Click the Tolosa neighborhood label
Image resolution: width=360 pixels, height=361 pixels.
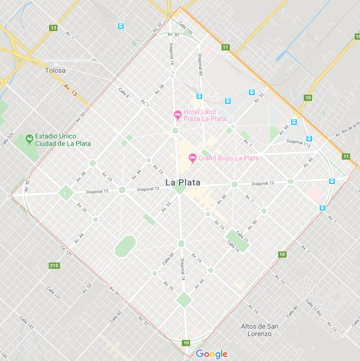point(55,70)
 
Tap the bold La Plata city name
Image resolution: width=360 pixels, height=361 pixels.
point(183,182)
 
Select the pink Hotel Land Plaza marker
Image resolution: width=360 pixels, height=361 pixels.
point(178,115)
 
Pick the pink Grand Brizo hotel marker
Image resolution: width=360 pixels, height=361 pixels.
point(192,158)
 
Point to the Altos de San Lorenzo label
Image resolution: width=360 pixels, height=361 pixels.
point(260,330)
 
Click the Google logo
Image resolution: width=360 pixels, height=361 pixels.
point(212,354)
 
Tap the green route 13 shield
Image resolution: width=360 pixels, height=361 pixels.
point(53,28)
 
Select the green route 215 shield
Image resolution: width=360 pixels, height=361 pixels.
point(54,265)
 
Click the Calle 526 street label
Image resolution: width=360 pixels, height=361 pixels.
point(7,139)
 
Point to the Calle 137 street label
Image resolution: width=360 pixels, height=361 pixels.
point(53,293)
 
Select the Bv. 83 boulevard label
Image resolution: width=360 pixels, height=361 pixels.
point(174,34)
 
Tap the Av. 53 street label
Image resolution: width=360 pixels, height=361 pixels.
point(165,207)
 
